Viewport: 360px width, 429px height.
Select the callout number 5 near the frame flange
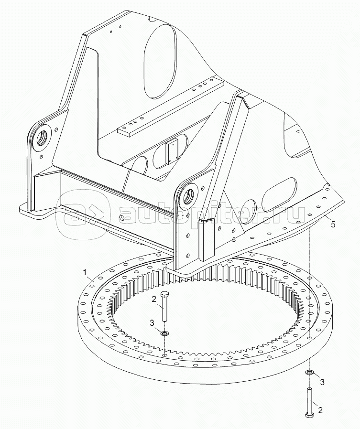pyautogui.click(x=333, y=225)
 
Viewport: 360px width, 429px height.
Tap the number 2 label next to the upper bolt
pyautogui.click(x=154, y=299)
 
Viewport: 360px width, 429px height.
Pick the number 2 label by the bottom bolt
pyautogui.click(x=320, y=410)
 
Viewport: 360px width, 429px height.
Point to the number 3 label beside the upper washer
pyautogui.click(x=152, y=323)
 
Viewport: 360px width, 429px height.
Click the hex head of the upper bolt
pyautogui.click(x=165, y=294)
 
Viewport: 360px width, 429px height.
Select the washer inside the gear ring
pyautogui.click(x=164, y=333)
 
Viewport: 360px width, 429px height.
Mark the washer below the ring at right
pyautogui.click(x=310, y=372)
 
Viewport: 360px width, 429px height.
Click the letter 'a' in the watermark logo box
pyautogui.click(x=72, y=214)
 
